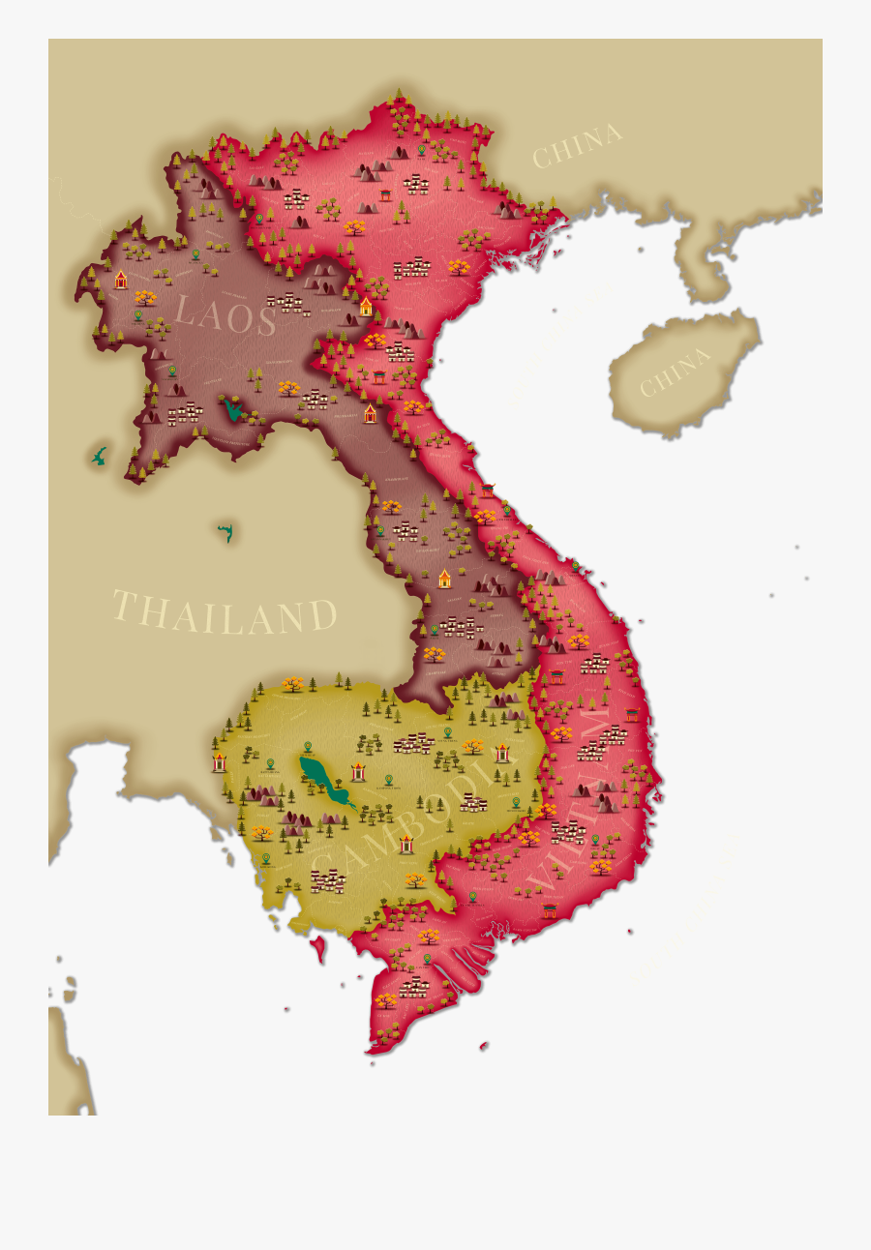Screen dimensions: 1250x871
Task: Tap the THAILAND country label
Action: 225,614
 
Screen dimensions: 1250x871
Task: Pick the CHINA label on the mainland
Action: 577,145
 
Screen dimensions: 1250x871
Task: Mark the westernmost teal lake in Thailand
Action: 99,456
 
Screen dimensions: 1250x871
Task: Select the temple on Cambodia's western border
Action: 220,762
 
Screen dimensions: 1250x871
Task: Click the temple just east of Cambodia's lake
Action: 359,771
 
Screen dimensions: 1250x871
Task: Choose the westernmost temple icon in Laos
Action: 121,280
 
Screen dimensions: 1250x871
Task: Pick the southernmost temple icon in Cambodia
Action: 406,844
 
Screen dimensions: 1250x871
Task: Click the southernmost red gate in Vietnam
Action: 550,910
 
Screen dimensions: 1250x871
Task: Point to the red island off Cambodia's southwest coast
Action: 318,949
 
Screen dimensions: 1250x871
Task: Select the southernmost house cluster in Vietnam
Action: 414,986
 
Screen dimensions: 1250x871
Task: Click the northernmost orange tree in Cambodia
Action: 292,684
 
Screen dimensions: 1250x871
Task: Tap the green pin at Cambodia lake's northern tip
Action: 308,747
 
